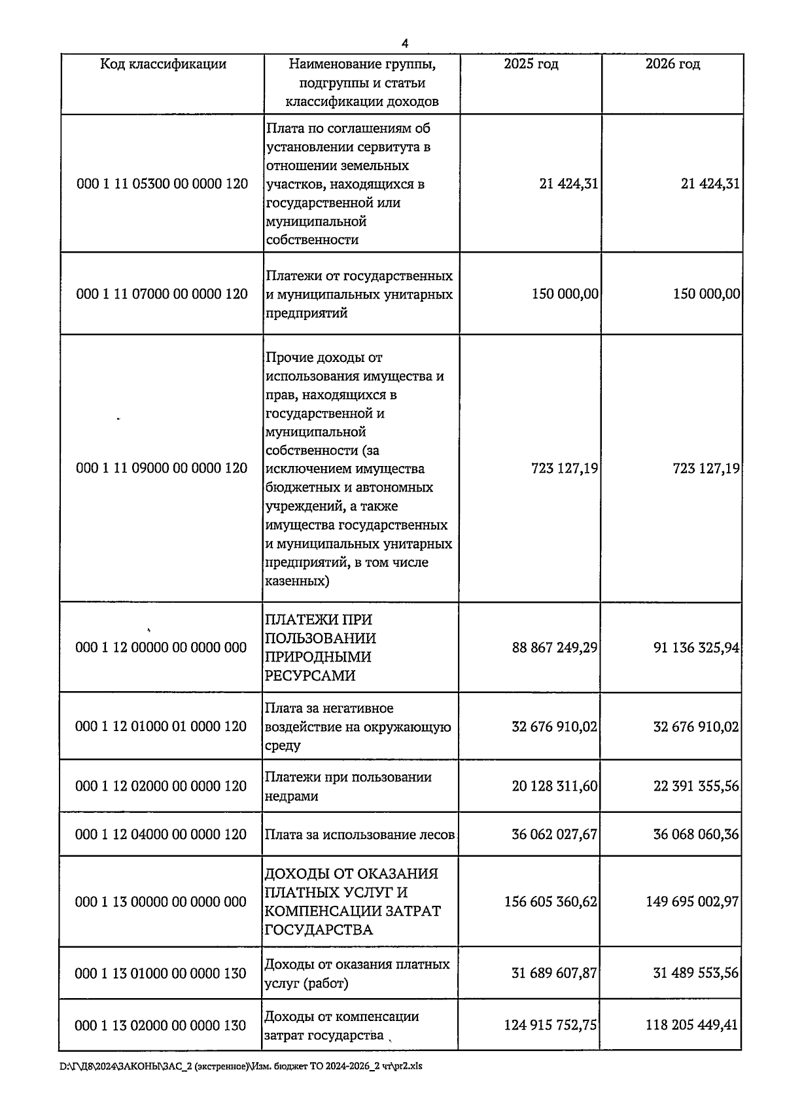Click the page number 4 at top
click(x=405, y=44)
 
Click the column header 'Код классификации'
click(x=163, y=64)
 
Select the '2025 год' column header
click(x=531, y=64)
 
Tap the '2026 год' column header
click(x=672, y=64)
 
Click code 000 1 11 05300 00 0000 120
click(x=162, y=184)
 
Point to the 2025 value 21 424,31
click(x=568, y=184)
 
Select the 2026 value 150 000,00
click(x=706, y=294)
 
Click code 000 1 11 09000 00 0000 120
click(x=162, y=468)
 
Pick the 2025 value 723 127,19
click(x=565, y=469)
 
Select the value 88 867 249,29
click(x=555, y=648)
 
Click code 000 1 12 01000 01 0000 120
click(x=161, y=726)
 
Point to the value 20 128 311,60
click(x=555, y=786)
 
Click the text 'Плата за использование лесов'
click(x=359, y=835)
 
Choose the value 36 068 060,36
click(x=696, y=834)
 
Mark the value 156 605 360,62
click(x=550, y=902)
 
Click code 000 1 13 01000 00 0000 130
click(x=160, y=974)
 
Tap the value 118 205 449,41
click(x=691, y=1025)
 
